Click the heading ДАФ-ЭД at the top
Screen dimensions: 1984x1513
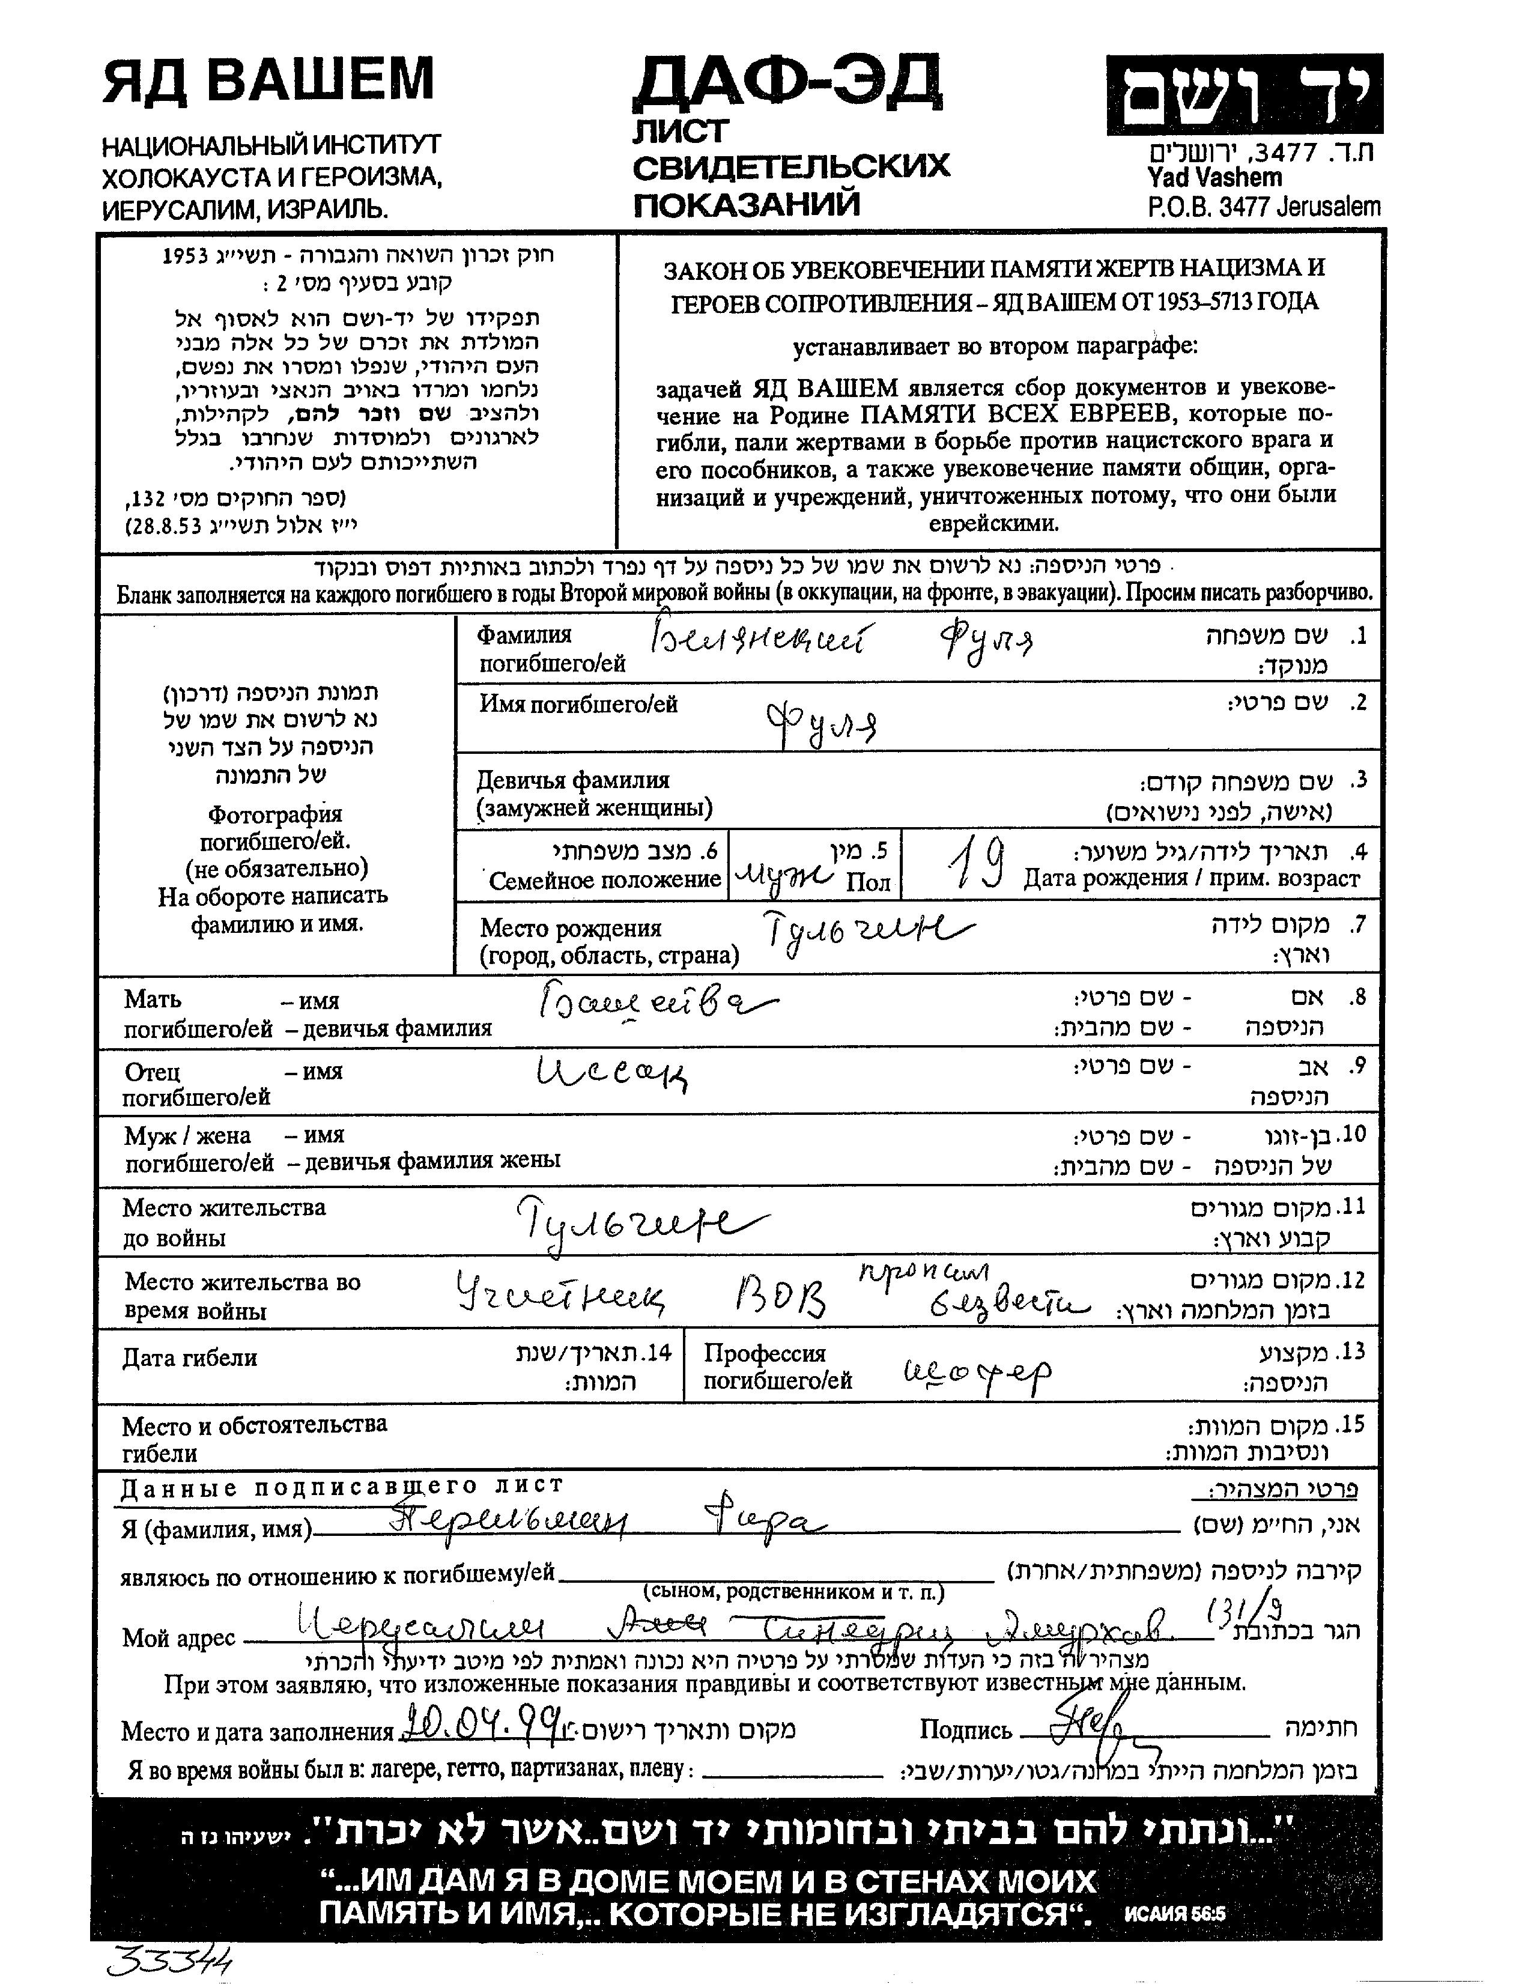(x=787, y=83)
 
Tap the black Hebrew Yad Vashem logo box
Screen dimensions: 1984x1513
(x=1244, y=94)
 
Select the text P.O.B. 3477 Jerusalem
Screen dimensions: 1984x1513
(x=1264, y=206)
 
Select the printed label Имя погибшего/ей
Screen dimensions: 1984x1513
(x=578, y=704)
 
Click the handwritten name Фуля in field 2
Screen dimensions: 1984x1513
(x=820, y=720)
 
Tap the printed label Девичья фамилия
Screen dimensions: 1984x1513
(x=573, y=780)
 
